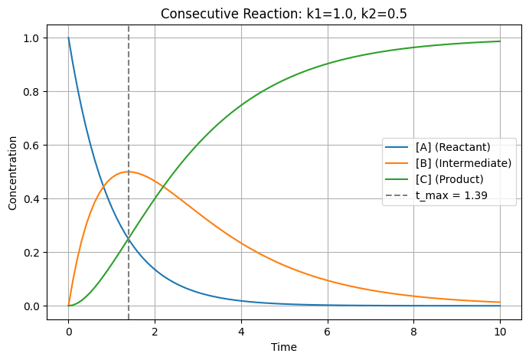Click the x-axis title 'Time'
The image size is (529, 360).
284,347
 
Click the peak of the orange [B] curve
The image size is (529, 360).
129,172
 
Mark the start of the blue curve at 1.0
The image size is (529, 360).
68,38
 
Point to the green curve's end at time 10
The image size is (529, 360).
500,41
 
